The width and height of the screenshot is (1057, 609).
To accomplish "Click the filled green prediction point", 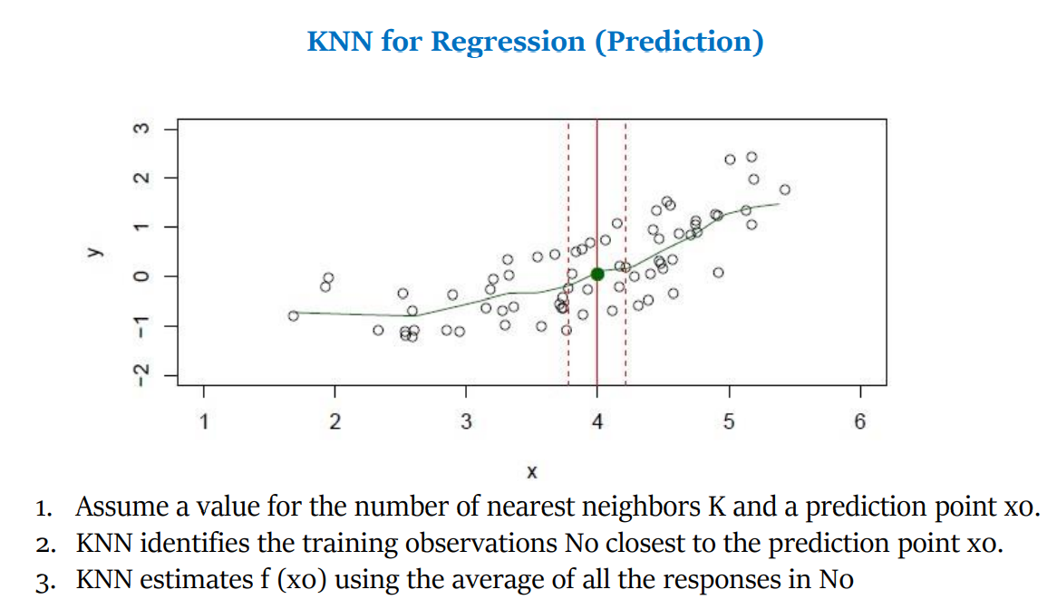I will click(596, 274).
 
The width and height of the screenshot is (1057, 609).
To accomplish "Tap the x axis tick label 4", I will click(596, 421).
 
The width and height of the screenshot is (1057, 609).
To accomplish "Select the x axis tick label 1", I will click(203, 421).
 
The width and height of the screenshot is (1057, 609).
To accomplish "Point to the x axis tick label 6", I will click(859, 421).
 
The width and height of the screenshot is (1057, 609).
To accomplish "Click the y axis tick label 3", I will click(140, 128).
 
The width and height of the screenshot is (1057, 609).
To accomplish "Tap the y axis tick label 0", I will click(140, 275).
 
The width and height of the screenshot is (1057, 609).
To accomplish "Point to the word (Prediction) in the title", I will click(678, 42).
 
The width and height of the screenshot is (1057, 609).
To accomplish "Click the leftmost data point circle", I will click(293, 315).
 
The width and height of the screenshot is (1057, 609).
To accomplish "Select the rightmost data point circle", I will click(785, 189).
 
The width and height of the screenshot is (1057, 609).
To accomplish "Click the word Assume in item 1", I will click(120, 507).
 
